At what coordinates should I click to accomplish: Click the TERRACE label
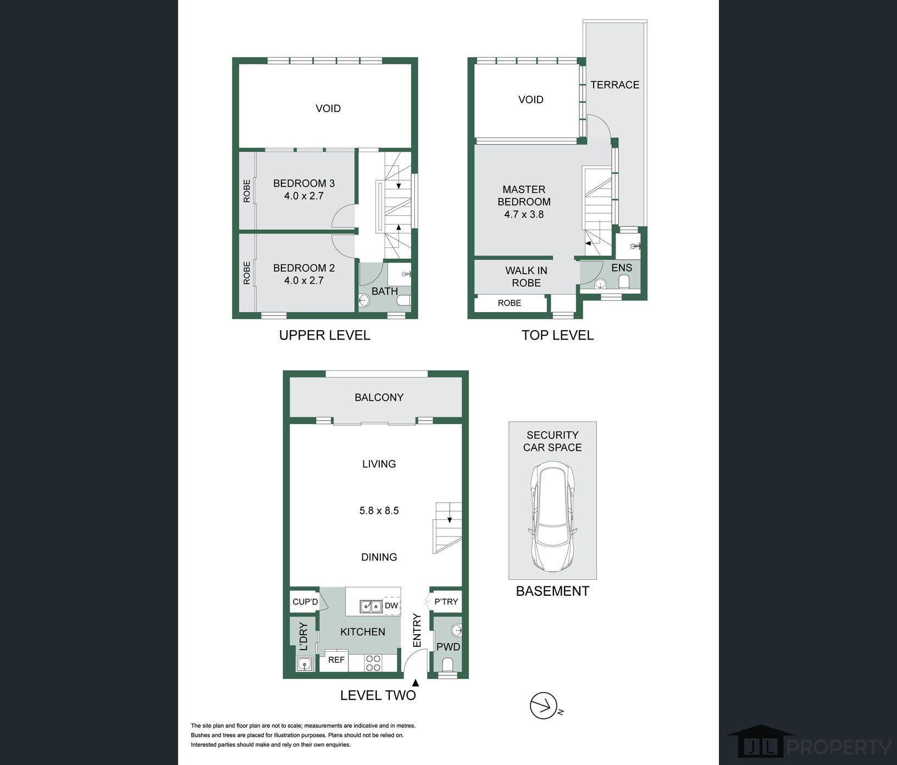point(615,85)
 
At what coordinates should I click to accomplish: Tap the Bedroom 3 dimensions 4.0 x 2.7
point(304,196)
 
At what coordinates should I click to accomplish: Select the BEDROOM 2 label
point(304,268)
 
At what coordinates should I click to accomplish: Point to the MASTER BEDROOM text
point(524,195)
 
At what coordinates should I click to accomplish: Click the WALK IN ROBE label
point(527,276)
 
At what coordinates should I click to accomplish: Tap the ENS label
point(622,268)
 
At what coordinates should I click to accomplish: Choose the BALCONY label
point(379,397)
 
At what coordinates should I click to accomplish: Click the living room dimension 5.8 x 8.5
point(379,511)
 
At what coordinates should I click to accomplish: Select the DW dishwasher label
point(391,606)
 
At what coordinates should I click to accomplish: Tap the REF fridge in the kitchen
point(336,659)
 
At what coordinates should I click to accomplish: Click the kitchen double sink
point(371,606)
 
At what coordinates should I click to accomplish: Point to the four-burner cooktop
point(373,663)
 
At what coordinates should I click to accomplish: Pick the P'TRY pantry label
point(446,602)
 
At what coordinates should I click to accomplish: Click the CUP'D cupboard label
point(305,602)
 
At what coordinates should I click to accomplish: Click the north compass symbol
point(544,706)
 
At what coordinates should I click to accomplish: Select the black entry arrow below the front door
point(416,683)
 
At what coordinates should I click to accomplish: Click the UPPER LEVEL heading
point(325,335)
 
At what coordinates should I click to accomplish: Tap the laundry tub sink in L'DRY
point(304,664)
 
